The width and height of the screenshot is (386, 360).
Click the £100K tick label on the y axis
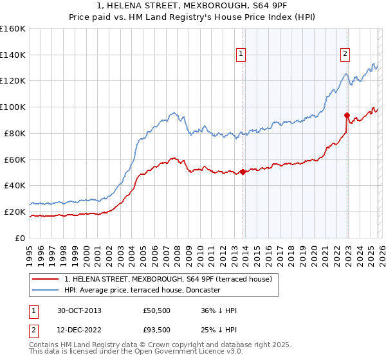(x=12, y=107)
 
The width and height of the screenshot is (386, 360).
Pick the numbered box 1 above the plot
(x=241, y=55)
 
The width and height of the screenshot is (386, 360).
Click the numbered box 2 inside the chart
(x=345, y=55)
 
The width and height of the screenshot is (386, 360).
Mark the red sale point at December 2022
(x=347, y=116)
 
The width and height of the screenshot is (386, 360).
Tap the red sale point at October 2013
(x=243, y=172)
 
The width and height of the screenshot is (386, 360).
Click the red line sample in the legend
(x=46, y=279)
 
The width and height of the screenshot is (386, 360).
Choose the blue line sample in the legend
(x=46, y=290)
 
